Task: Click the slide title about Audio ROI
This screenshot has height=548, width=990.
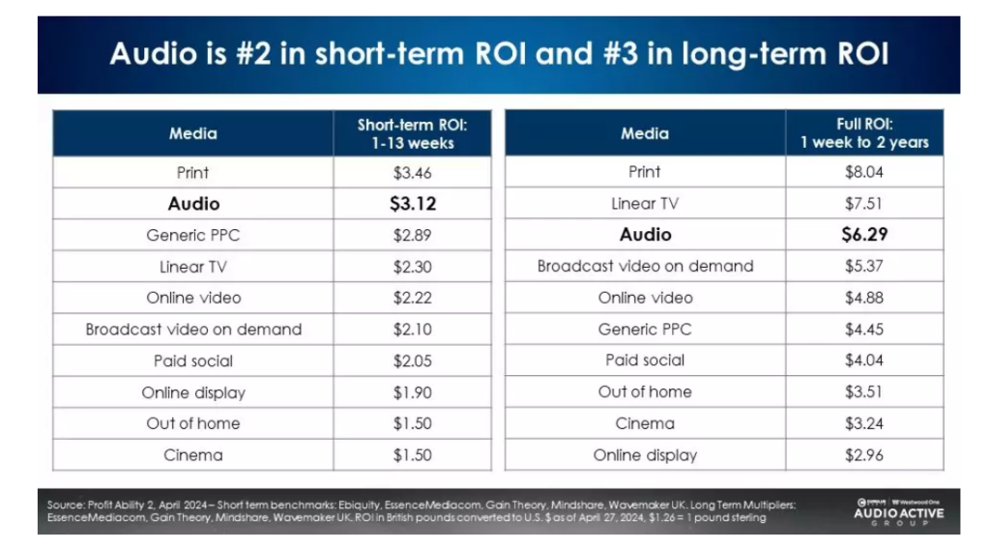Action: click(x=499, y=52)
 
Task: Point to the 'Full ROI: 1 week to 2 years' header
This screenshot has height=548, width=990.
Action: click(x=863, y=133)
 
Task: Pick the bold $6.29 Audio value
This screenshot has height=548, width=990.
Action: click(x=863, y=235)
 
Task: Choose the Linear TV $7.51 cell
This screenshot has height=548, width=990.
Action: click(x=863, y=204)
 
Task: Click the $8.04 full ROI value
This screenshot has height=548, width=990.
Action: click(x=863, y=172)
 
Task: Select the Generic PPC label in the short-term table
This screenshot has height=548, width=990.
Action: click(x=193, y=235)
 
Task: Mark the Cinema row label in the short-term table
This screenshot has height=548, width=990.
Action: click(x=193, y=454)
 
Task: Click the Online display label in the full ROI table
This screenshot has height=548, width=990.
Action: click(x=645, y=454)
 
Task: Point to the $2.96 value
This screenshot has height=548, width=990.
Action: click(x=863, y=454)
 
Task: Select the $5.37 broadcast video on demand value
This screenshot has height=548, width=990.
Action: click(x=863, y=266)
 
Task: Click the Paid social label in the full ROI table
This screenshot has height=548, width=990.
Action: click(x=645, y=360)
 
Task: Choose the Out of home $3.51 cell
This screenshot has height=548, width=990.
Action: click(x=863, y=391)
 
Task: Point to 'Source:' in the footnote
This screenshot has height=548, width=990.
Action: click(x=65, y=505)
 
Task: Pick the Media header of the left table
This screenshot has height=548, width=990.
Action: click(x=193, y=134)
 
